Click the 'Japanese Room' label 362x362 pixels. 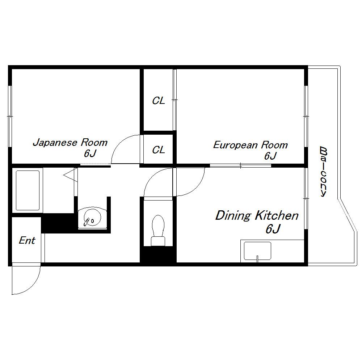[x=70, y=142]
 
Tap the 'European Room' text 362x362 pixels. [x=250, y=145]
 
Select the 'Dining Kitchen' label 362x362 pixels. [x=257, y=215]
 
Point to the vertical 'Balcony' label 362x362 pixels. [x=324, y=172]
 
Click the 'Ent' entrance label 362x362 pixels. [x=27, y=240]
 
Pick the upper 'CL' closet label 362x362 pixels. [x=159, y=101]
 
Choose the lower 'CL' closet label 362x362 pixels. [x=159, y=150]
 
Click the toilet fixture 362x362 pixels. [x=158, y=230]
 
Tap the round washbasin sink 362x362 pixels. [x=92, y=218]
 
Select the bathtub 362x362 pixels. [x=28, y=190]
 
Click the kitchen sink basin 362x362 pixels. [x=257, y=251]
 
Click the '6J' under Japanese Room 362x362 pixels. [x=90, y=153]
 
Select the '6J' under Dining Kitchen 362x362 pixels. [x=273, y=229]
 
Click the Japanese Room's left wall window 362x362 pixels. [x=10, y=116]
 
